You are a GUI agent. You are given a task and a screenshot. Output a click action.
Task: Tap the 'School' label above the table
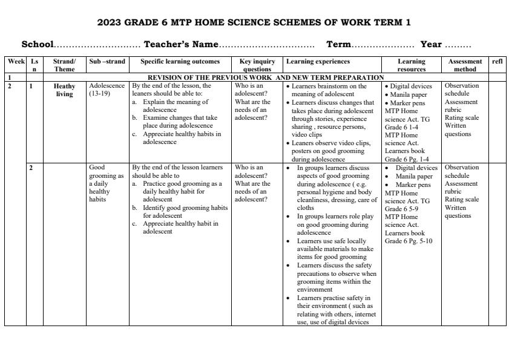click(x=38, y=45)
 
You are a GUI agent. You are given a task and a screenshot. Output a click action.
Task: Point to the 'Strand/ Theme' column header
click(x=64, y=65)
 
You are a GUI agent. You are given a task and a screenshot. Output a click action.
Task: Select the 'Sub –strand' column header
click(x=107, y=62)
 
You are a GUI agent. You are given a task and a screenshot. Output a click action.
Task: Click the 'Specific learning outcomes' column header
click(x=180, y=62)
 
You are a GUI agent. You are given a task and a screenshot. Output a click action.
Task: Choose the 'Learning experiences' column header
click(x=318, y=62)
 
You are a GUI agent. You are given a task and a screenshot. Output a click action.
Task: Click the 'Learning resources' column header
click(x=412, y=65)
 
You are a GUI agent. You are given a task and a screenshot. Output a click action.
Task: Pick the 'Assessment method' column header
click(x=465, y=65)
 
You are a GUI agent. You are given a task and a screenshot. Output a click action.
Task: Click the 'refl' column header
click(x=497, y=62)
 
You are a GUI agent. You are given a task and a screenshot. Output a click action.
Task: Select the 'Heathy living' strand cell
click(x=64, y=90)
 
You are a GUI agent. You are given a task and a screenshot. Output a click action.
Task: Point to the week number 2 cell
click(x=10, y=87)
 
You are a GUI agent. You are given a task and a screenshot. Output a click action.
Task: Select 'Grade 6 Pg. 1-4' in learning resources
click(x=407, y=159)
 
